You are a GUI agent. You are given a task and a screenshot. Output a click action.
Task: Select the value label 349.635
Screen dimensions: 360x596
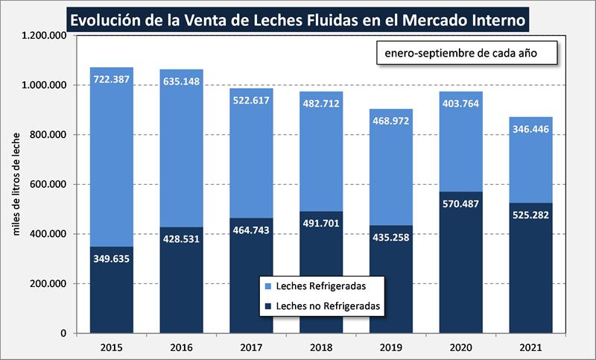[x=110, y=259]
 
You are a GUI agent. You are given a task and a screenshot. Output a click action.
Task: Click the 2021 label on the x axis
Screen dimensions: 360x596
[x=530, y=347]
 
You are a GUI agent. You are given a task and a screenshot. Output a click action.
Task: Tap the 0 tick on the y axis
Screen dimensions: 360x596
[x=66, y=333]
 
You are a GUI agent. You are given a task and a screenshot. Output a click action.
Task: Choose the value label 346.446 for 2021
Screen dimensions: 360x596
[x=531, y=130]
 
